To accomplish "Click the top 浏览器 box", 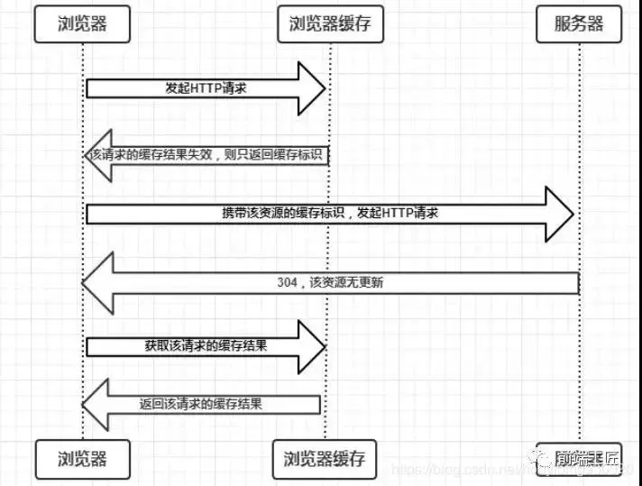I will tap(82, 24).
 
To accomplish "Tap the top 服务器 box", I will tap(578, 24).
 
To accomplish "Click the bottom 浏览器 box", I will tap(82, 458).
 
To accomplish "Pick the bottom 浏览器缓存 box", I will tap(324, 458).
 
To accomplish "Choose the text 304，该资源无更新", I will tap(333, 282).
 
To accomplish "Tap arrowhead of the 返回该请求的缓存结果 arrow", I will tap(95, 404).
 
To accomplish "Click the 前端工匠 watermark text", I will tap(592, 458).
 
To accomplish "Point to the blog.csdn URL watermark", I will tap(469, 471).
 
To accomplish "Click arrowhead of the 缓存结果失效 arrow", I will tap(95, 155).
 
